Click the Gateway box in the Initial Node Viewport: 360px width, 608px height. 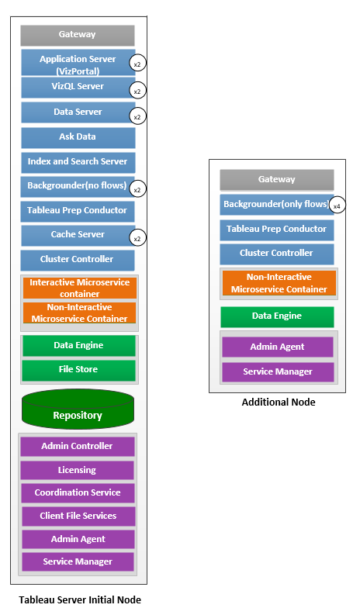coord(78,35)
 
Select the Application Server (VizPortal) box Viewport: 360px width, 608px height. coord(78,64)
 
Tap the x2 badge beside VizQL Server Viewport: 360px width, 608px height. coord(137,91)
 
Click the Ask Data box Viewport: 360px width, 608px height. coord(78,137)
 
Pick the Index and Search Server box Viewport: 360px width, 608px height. coord(78,162)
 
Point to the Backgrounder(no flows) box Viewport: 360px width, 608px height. coord(76,187)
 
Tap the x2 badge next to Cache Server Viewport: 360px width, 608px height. coord(137,238)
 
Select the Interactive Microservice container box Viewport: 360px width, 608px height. coord(79,288)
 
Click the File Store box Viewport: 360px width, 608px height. coord(78,370)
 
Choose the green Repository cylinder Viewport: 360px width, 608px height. coord(78,411)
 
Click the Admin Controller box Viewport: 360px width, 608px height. coord(77,446)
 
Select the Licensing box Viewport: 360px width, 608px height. coord(77,470)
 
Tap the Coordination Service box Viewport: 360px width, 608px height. coord(78,492)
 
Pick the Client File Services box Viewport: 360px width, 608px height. coord(78,516)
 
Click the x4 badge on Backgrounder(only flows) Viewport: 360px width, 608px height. coord(337,206)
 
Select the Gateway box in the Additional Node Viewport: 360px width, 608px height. coord(277,179)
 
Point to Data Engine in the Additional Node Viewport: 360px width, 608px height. coord(277,316)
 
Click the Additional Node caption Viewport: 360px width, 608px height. coord(278,402)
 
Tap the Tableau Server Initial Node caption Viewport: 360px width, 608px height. coord(80,599)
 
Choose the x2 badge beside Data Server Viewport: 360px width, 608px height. coord(137,116)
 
